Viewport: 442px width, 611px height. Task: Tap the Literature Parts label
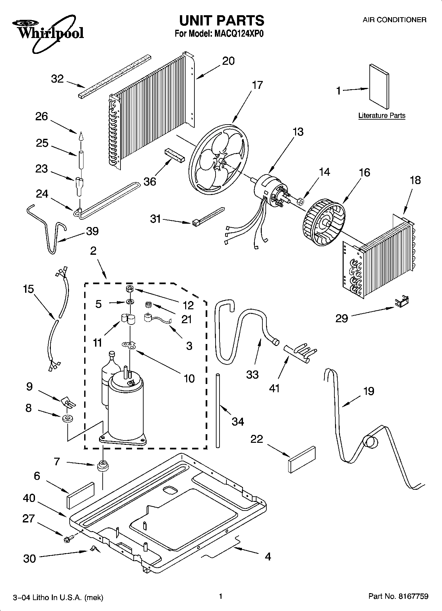point(382,115)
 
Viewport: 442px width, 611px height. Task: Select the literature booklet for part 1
point(378,86)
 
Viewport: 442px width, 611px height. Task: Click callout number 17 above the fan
point(257,85)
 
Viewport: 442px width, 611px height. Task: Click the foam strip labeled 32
point(115,76)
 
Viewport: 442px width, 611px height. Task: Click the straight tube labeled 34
point(218,410)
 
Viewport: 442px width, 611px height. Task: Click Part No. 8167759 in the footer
point(398,596)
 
